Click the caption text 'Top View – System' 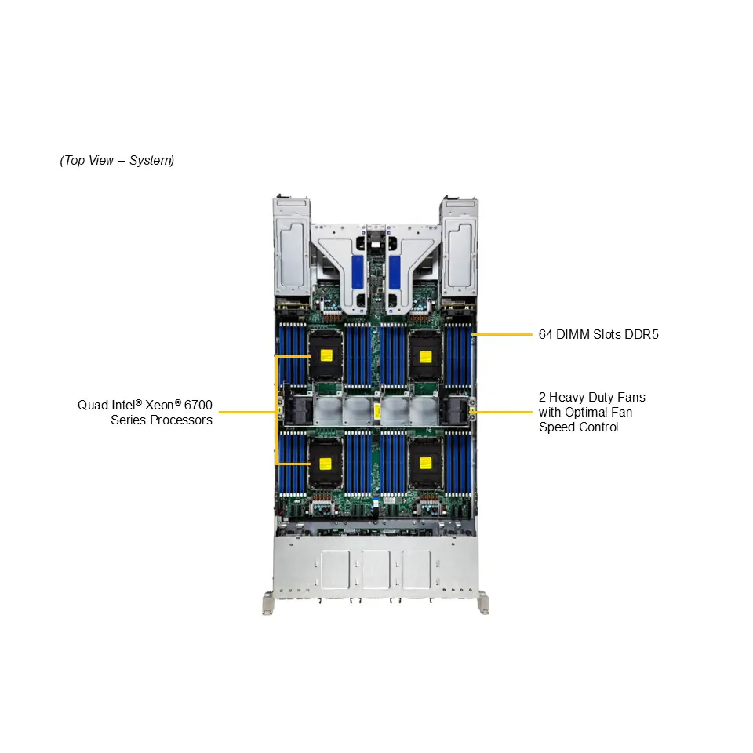tap(117, 160)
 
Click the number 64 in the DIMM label tap(545, 335)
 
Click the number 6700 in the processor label tap(198, 405)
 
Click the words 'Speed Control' tap(578, 427)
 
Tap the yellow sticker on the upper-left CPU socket tap(326, 356)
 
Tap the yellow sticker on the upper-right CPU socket tap(426, 356)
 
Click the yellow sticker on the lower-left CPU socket tap(326, 463)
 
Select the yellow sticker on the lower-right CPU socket tap(426, 463)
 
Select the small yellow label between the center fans tap(376, 412)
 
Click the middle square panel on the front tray tap(376, 570)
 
